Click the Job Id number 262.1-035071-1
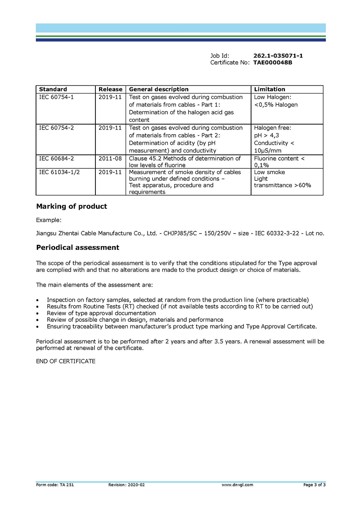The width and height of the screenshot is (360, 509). [x=278, y=55]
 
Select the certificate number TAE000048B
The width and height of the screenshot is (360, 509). [x=273, y=63]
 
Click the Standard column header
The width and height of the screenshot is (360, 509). [x=53, y=89]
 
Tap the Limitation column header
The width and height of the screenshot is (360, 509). [x=270, y=89]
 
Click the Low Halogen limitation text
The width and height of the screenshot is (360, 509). [x=272, y=97]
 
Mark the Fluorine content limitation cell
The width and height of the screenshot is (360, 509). [x=279, y=162]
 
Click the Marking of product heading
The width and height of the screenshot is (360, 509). [x=72, y=207]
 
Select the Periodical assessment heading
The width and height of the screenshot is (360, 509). [x=77, y=248]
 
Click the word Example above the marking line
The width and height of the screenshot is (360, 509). [x=48, y=220]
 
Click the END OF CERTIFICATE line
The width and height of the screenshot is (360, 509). [x=66, y=361]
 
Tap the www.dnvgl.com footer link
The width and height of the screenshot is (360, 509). [x=237, y=485]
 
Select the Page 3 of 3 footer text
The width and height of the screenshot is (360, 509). [x=314, y=485]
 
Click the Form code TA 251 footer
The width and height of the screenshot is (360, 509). [x=52, y=485]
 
